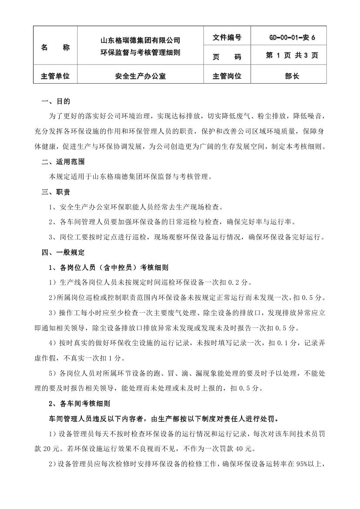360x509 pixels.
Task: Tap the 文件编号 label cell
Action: coord(227,38)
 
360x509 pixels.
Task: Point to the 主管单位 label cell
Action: coord(55,76)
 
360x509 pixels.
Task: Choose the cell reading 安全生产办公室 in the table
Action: coord(140,76)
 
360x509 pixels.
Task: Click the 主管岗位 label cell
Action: coord(227,76)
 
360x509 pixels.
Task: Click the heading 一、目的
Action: coord(55,101)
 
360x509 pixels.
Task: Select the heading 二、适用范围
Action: coord(63,162)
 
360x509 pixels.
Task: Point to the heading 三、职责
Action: coord(55,192)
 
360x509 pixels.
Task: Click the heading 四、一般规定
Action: coord(63,252)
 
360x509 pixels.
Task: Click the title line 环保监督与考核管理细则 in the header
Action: coord(140,53)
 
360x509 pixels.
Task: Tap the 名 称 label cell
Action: coord(55,47)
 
